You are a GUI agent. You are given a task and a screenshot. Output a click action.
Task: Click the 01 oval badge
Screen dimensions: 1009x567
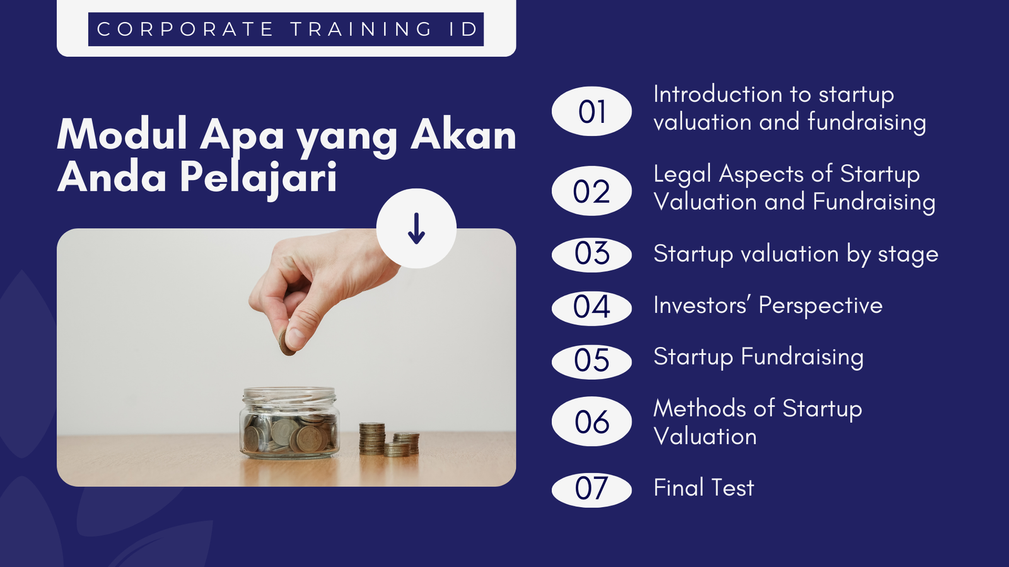coord(592,111)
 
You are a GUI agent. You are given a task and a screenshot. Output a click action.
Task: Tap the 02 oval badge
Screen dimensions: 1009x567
coord(592,191)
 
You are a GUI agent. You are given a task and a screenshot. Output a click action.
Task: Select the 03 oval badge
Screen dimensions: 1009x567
coord(592,255)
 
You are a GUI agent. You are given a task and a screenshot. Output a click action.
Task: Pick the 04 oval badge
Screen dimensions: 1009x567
coord(592,308)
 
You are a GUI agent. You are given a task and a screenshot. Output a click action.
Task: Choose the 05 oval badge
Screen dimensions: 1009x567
coord(592,362)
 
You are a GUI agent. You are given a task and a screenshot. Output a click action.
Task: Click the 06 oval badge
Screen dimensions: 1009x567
coord(592,421)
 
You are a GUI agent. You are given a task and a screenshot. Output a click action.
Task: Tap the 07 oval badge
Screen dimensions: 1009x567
coord(592,490)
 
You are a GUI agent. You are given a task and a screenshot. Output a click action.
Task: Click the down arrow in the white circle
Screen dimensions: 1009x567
coord(416,229)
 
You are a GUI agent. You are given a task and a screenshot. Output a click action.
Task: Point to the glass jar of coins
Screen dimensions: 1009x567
coord(289,423)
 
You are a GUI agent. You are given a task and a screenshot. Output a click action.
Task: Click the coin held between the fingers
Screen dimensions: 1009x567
coord(286,343)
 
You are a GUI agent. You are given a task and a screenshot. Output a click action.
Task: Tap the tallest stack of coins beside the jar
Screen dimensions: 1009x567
coord(371,438)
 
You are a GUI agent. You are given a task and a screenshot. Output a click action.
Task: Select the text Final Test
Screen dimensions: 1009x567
coord(704,488)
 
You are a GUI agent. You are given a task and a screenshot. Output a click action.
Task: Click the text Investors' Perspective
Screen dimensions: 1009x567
coord(768,306)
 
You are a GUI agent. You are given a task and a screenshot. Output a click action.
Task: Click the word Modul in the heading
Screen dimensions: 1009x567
coord(122,134)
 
